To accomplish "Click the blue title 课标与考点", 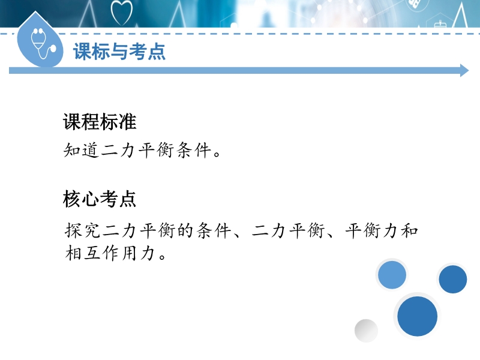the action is pyautogui.click(x=119, y=52).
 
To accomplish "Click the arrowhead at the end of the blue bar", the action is pyautogui.click(x=464, y=70).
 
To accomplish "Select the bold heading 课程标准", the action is pyautogui.click(x=100, y=122).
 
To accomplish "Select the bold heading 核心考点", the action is pyautogui.click(x=100, y=199).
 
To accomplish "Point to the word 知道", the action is pyautogui.click(x=82, y=151).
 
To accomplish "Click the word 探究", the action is pyautogui.click(x=83, y=230).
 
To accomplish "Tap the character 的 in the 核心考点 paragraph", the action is pyautogui.click(x=185, y=230).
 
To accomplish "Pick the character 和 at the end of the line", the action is pyautogui.click(x=409, y=230).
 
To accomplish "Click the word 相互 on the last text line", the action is pyautogui.click(x=83, y=253).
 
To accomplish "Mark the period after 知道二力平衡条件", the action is pyautogui.click(x=217, y=154).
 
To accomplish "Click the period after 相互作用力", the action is pyautogui.click(x=163, y=256).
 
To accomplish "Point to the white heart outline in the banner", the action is pyautogui.click(x=122, y=13).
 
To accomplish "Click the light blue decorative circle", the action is pyautogui.click(x=392, y=275).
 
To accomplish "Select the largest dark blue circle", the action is pyautogui.click(x=417, y=316).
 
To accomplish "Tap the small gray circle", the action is pyautogui.click(x=366, y=331).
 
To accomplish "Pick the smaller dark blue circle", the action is pyautogui.click(x=453, y=279).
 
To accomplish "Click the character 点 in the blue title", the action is pyautogui.click(x=157, y=52).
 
